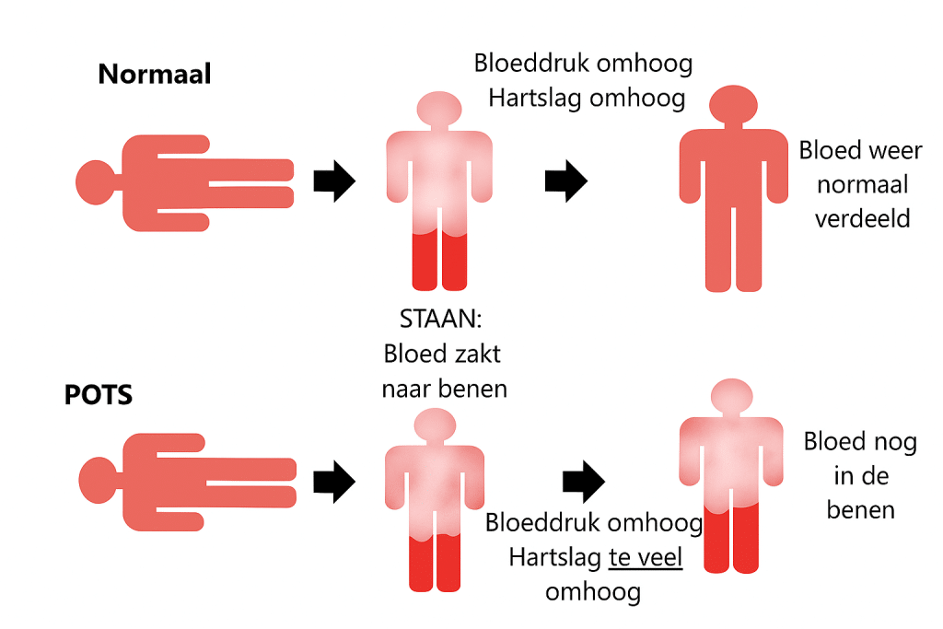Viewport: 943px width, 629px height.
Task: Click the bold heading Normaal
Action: tap(155, 74)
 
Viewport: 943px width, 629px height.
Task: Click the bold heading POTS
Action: tap(99, 395)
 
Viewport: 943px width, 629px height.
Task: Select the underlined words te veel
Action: tap(645, 557)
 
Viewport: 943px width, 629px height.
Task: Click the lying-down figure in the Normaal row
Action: tap(184, 181)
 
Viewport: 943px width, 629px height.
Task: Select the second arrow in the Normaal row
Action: tap(565, 181)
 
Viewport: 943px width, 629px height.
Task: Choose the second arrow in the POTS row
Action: tap(582, 480)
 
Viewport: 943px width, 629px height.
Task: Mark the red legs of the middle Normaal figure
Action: tap(439, 261)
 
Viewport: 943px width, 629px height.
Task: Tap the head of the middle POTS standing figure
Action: tap(435, 425)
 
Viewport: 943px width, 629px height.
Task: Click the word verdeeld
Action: tap(862, 218)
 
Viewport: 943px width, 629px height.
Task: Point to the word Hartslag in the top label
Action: tap(535, 98)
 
